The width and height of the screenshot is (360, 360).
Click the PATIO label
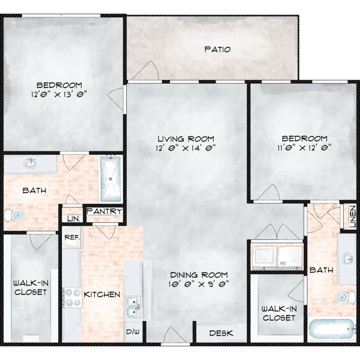[217, 49]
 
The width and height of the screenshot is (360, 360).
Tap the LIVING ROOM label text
[186, 139]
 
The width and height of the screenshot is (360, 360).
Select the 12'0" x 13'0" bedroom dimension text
[59, 95]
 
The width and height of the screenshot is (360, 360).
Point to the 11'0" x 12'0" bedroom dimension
[304, 148]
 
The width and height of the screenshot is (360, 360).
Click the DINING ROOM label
[199, 275]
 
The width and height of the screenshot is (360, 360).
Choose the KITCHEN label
[102, 294]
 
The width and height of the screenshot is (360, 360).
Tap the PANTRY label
[105, 211]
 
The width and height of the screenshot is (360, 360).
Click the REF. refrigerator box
[72, 237]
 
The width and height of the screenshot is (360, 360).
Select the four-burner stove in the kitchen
[72, 298]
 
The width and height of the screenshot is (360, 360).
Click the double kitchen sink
[133, 307]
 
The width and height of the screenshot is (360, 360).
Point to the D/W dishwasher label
[133, 331]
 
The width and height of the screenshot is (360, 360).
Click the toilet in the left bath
[15, 216]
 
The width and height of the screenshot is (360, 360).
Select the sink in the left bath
[31, 163]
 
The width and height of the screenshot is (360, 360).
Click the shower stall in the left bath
[111, 179]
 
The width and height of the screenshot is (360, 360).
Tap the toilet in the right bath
[346, 297]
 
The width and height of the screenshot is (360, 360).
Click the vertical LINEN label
[353, 216]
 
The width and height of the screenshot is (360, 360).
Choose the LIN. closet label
[74, 218]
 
